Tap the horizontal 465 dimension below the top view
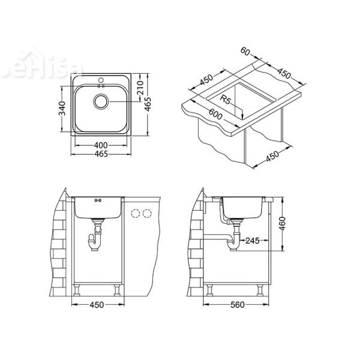(101, 155)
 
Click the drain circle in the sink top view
(101, 102)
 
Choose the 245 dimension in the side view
(251, 241)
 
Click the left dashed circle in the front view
(135, 213)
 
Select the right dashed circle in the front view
(146, 213)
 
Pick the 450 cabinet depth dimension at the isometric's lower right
(272, 155)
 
